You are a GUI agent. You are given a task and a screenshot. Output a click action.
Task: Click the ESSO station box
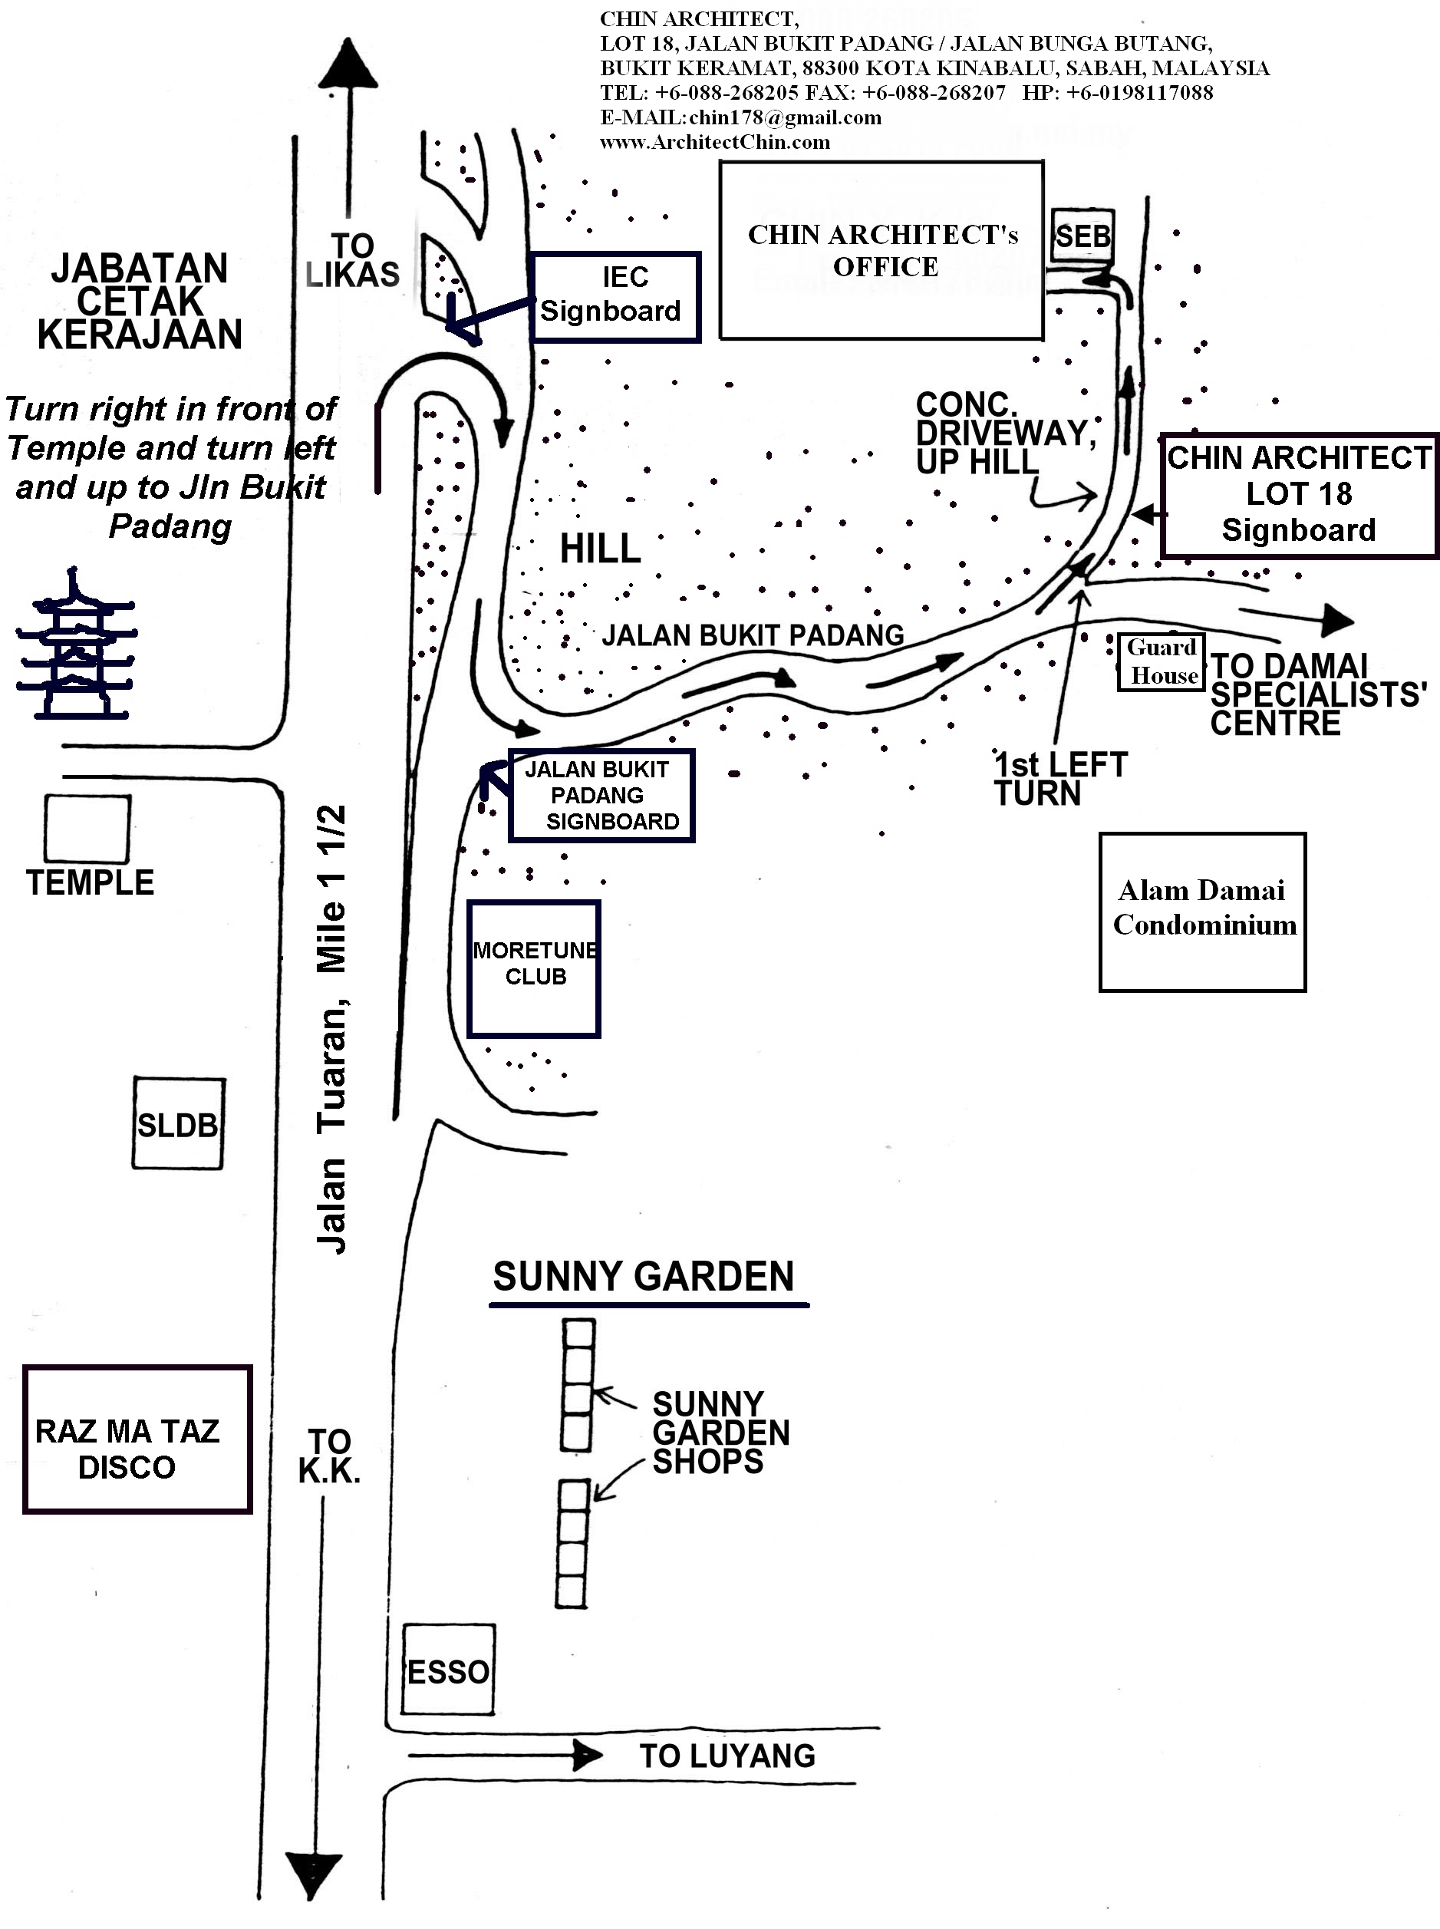[448, 1669]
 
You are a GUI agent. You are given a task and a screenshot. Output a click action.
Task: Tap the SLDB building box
[178, 1123]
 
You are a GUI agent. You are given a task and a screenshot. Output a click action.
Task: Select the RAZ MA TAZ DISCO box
[137, 1439]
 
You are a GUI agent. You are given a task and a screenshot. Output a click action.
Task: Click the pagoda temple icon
[77, 646]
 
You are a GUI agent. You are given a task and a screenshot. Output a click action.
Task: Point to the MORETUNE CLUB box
[533, 968]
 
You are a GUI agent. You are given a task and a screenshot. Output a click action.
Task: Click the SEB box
[1082, 236]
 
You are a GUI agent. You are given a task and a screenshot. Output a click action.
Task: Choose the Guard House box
[1162, 661]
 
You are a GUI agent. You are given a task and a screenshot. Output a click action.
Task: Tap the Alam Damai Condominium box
[1203, 912]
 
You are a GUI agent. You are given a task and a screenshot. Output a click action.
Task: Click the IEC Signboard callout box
[615, 296]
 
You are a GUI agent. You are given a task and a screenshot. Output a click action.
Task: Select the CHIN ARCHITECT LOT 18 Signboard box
[1299, 495]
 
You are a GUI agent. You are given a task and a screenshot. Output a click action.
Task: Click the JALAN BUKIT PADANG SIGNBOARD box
[601, 795]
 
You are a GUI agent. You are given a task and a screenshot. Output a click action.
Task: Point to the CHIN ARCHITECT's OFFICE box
[881, 250]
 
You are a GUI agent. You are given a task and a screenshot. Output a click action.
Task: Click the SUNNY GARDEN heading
[644, 1277]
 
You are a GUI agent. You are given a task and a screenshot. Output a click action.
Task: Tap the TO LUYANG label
[727, 1756]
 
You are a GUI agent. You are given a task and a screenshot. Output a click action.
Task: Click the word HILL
[600, 549]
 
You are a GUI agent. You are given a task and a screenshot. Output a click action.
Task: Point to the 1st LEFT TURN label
[1060, 778]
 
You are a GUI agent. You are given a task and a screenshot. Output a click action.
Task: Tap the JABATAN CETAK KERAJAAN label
[140, 302]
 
